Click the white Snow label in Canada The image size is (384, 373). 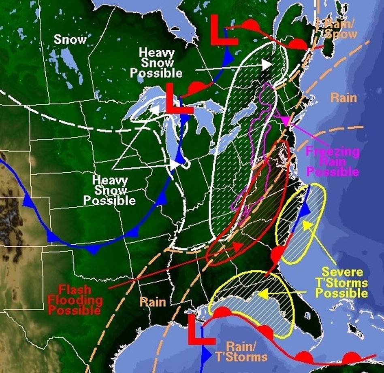click(x=70, y=39)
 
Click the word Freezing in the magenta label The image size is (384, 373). click(x=333, y=152)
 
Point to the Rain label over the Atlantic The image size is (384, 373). click(x=344, y=97)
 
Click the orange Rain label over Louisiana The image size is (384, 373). click(x=153, y=301)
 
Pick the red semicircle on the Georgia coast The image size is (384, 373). click(x=277, y=254)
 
